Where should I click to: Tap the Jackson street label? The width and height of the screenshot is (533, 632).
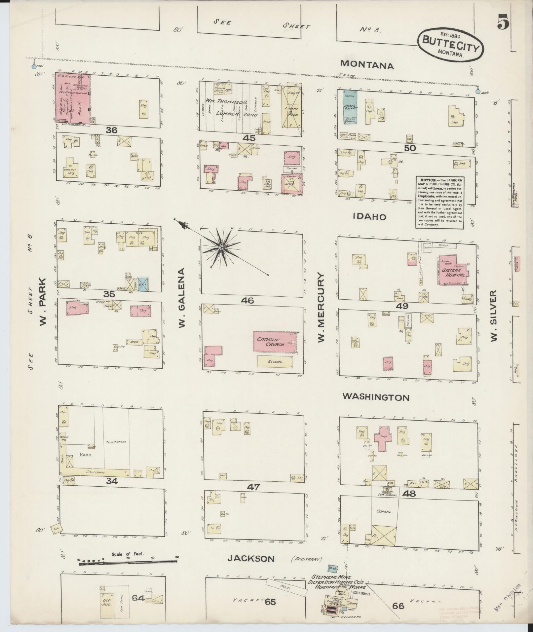click(251, 559)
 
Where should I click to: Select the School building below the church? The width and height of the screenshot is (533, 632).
click(275, 361)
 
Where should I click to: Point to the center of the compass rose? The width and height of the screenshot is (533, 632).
click(222, 247)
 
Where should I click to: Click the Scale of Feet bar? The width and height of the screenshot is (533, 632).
click(128, 561)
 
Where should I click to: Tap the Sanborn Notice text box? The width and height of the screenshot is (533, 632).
click(440, 202)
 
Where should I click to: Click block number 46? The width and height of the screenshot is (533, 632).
click(247, 300)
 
